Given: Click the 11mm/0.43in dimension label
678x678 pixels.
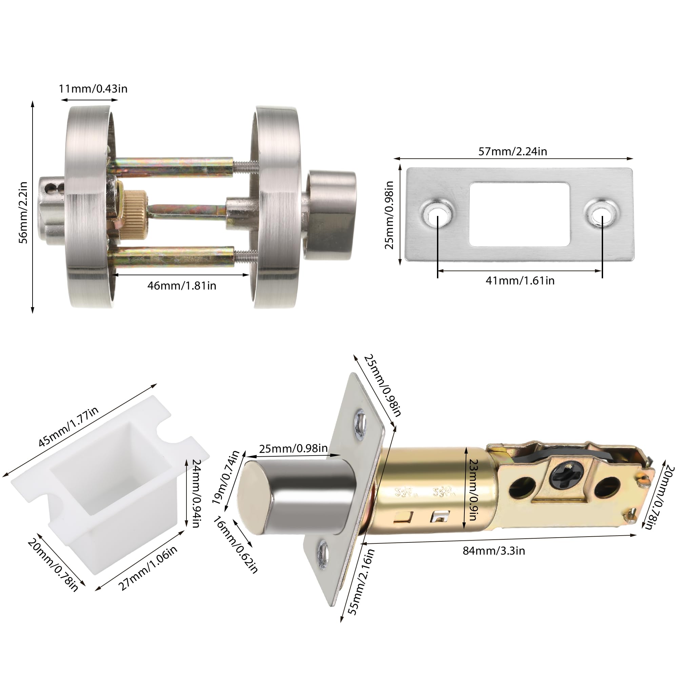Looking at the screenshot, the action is tap(93, 89).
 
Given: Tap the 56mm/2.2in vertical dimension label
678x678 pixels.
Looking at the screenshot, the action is tap(23, 213).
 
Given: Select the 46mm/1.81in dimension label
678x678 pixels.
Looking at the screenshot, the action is tap(182, 286).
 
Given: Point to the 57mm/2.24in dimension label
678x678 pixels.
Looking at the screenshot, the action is tap(513, 151).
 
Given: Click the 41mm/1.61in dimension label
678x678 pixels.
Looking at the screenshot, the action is tap(520, 281).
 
